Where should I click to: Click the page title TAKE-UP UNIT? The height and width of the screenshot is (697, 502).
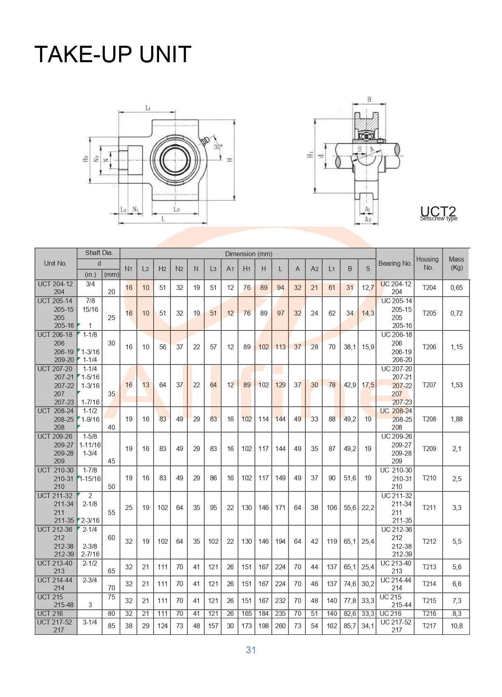click(112, 54)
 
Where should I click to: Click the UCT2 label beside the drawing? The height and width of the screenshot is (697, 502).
click(438, 211)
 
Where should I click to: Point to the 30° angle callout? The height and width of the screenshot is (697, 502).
click(218, 147)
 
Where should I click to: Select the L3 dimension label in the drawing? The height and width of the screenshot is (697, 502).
click(176, 209)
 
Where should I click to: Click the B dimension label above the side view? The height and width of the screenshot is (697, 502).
click(369, 100)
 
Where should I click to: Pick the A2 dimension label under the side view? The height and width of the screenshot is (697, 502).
click(368, 220)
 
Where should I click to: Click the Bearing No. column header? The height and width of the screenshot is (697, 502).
click(395, 263)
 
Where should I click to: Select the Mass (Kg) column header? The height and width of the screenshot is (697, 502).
click(456, 263)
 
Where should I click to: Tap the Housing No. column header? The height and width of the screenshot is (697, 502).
click(427, 263)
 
